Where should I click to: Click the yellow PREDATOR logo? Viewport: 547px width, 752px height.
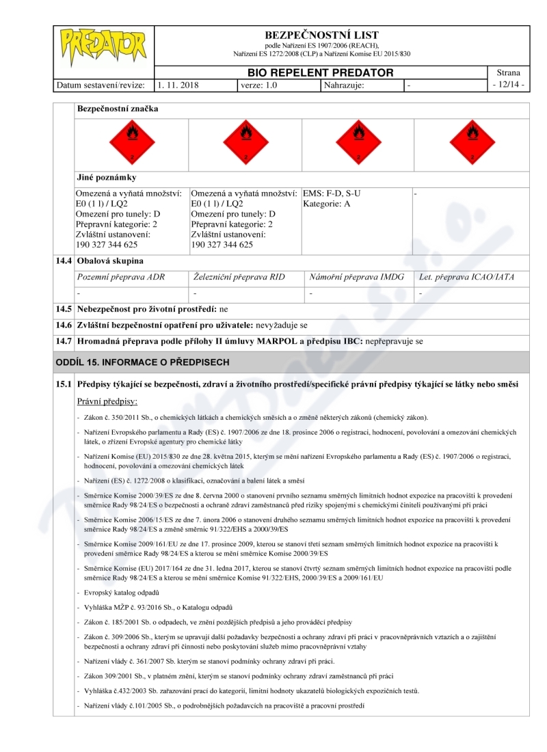[x=103, y=46]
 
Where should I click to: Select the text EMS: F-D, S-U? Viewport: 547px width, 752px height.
[x=332, y=193]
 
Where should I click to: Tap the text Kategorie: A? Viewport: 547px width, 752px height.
[x=327, y=204]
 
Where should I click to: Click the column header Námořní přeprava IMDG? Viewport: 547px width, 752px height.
[x=357, y=277]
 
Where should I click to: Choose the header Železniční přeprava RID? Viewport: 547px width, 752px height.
[x=239, y=277]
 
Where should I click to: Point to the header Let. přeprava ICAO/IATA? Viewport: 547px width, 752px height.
[x=466, y=277]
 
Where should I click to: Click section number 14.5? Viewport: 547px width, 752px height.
[x=64, y=309]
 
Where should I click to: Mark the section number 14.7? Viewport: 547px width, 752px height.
[x=64, y=340]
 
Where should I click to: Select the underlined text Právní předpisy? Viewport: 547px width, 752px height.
[x=107, y=401]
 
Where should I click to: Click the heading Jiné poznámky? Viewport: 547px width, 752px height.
[x=107, y=178]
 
